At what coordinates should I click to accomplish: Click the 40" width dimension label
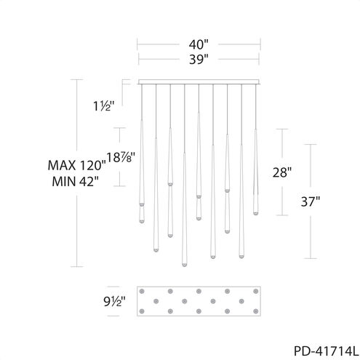coord(199,44)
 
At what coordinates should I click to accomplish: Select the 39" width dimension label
coord(199,59)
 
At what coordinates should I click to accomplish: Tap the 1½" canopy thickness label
coord(103,106)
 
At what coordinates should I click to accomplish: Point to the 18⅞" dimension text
coord(121,157)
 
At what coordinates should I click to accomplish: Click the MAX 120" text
coord(77,165)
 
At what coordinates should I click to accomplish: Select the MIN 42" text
coord(76,181)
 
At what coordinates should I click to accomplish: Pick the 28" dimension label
coord(282,172)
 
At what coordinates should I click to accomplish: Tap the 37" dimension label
coord(311,201)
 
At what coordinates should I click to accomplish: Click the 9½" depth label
coord(114,301)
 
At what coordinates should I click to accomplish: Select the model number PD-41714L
coord(326,351)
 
